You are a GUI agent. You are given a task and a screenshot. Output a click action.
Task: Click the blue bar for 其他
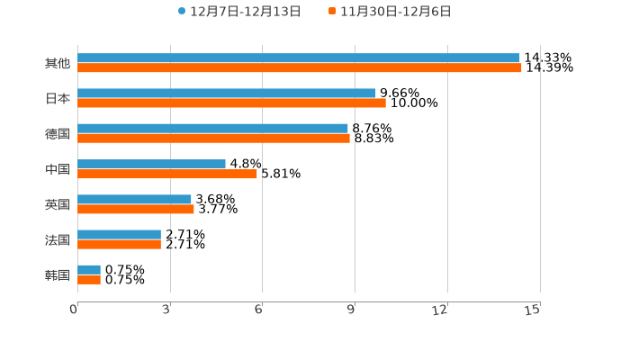[x=299, y=58]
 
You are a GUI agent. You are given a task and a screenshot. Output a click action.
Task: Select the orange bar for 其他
[x=300, y=68]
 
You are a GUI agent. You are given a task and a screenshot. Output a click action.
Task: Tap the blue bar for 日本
[x=227, y=94]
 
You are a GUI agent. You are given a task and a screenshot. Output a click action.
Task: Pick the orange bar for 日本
[x=231, y=103]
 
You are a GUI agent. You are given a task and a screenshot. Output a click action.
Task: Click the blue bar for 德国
[x=212, y=129]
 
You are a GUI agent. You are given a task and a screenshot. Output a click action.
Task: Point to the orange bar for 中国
[x=167, y=174]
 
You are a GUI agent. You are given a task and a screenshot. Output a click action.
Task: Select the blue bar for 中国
[x=151, y=164]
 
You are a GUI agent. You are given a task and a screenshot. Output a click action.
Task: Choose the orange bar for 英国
[x=136, y=210]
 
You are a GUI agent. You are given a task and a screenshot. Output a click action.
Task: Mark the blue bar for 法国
[x=119, y=234]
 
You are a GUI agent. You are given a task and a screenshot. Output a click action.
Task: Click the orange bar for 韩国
[x=89, y=280]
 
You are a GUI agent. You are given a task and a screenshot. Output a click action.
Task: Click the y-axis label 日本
[x=58, y=98]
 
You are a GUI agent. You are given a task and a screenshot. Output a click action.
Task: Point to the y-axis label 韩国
[x=58, y=274]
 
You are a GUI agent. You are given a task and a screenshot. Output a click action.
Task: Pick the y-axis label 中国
[x=58, y=169]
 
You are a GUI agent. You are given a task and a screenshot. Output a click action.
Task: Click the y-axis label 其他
[x=58, y=63]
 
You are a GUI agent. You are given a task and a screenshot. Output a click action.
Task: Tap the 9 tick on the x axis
[x=353, y=310]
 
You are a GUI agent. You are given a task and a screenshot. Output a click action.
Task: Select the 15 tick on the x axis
[x=533, y=310]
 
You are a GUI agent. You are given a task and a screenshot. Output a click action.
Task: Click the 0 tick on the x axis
[x=75, y=310]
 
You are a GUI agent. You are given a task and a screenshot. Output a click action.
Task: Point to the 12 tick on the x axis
[x=440, y=310]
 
